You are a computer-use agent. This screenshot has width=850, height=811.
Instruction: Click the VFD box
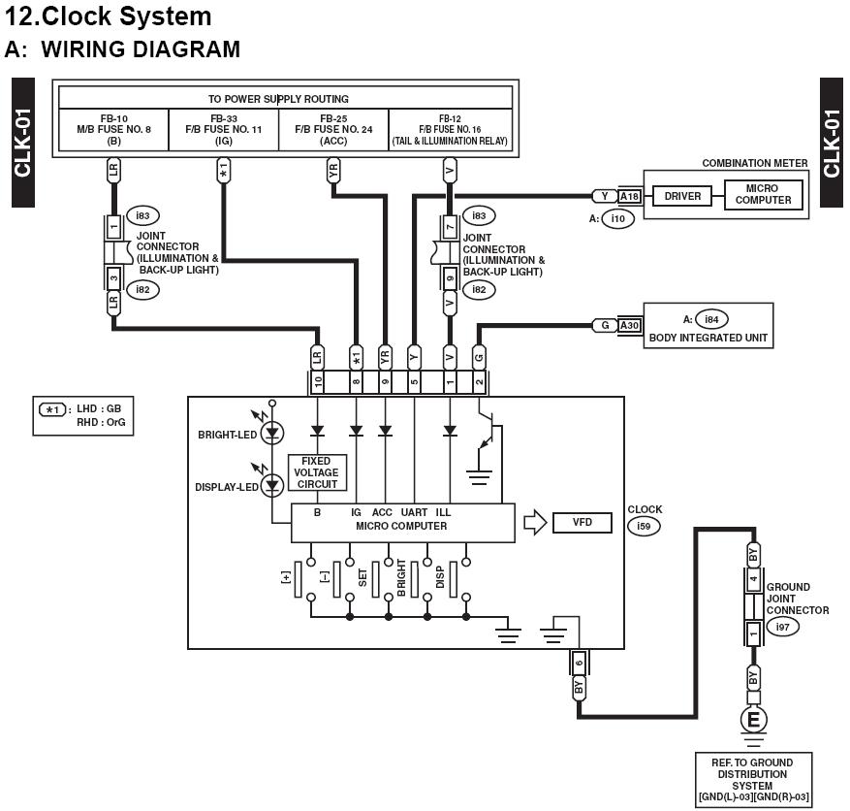point(582,523)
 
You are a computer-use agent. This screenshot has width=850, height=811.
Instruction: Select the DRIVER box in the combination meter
point(682,196)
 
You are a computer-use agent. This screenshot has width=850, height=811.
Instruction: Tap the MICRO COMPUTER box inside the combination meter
point(763,195)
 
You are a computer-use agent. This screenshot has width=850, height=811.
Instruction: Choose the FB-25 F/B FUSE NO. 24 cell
point(333,129)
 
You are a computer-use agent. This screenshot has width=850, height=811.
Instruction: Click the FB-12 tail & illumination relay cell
point(450,129)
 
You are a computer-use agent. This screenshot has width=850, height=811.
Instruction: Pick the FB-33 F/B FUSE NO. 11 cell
point(224,129)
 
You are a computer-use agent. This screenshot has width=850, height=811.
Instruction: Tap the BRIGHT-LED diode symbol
point(272,433)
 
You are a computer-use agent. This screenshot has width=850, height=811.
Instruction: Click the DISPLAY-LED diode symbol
point(272,484)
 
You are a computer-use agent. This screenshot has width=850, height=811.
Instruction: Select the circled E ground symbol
point(753,720)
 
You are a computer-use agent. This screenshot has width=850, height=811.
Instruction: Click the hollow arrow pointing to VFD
point(535,523)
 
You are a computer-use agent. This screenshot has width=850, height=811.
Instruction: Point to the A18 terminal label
point(630,196)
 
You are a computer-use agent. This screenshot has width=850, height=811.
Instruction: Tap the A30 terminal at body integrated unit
point(630,326)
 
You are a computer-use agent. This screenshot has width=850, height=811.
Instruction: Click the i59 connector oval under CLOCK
point(644,527)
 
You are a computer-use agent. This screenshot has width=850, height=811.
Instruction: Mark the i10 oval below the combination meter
point(617,219)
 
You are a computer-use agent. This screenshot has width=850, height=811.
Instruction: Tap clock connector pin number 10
point(317,382)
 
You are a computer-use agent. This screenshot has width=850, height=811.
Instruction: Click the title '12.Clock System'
point(109,16)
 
